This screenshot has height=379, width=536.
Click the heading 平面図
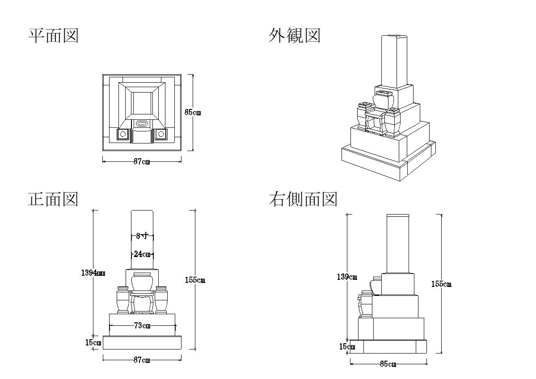click(54, 36)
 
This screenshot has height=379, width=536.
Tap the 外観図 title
click(295, 35)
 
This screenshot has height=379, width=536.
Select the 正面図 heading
click(53, 199)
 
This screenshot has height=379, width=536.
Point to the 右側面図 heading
click(303, 199)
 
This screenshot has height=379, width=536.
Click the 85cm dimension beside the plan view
click(193, 113)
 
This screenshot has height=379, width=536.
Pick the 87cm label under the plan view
click(142, 162)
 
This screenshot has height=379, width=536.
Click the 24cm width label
click(142, 254)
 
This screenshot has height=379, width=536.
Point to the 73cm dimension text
click(142, 326)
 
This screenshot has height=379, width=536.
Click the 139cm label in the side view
click(347, 277)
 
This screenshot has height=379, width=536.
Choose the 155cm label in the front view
click(195, 280)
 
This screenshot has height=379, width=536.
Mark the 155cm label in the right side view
click(441, 284)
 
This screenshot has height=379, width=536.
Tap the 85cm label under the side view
click(388, 364)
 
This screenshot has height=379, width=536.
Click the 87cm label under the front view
click(142, 360)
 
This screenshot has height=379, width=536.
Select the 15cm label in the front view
click(93, 343)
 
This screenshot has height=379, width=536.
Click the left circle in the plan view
click(123, 134)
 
